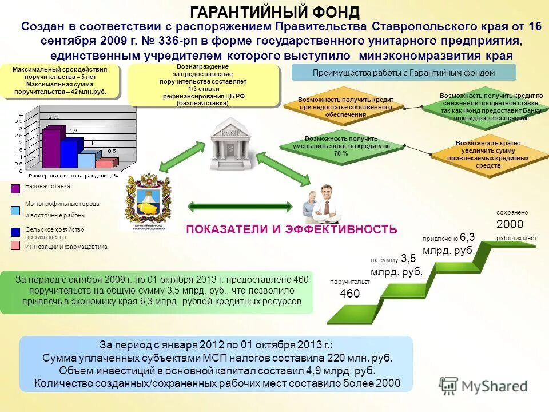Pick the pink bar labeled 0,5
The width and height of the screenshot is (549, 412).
pyautogui.click(x=105, y=163)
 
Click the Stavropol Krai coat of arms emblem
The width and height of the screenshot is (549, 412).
pyautogui.click(x=148, y=200)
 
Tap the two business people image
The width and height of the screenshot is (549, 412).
pyautogui.click(x=319, y=204)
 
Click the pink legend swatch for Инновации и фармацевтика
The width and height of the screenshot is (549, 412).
pyautogui.click(x=15, y=246)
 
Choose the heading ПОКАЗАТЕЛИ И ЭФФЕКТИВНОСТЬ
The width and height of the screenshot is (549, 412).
pyautogui.click(x=292, y=229)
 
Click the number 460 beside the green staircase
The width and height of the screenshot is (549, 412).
pyautogui.click(x=349, y=294)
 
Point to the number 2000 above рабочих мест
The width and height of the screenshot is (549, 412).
pyautogui.click(x=510, y=224)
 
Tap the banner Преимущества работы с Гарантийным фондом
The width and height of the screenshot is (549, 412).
pyautogui.click(x=404, y=73)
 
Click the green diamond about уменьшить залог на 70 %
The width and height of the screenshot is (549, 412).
pyautogui.click(x=341, y=146)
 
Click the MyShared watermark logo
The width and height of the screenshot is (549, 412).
pyautogui.click(x=483, y=386)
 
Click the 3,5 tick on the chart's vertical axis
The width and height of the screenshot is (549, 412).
pyautogui.click(x=21, y=121)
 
